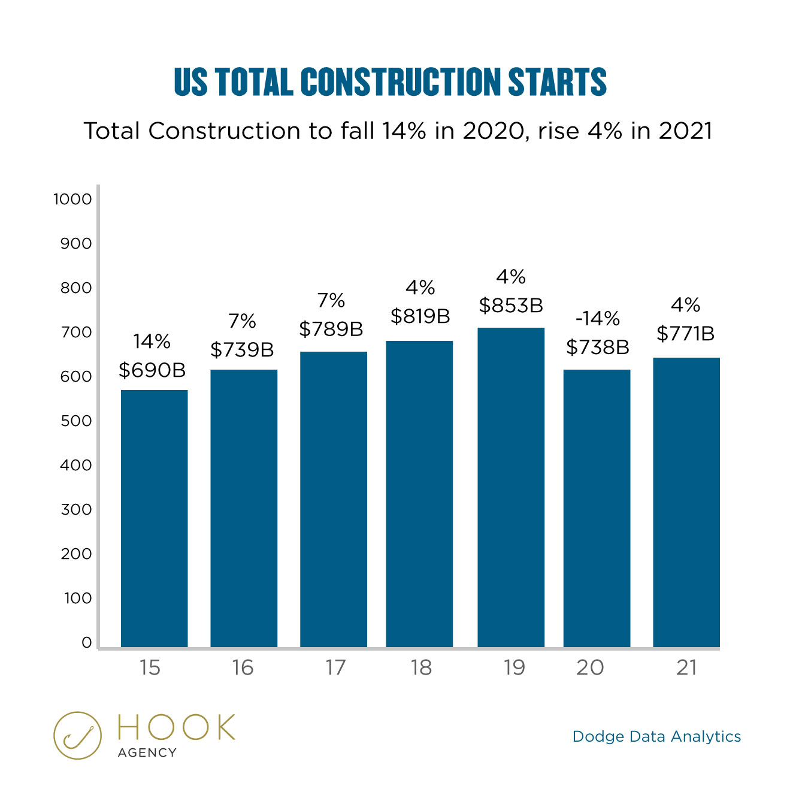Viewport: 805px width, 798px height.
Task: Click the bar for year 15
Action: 154,518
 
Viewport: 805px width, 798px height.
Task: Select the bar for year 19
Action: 511,487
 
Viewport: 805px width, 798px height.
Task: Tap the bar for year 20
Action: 597,508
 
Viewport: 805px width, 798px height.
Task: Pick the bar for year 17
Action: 334,499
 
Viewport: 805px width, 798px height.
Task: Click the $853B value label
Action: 511,306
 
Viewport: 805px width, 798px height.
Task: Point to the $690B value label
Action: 152,370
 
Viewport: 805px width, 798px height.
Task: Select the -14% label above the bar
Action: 597,319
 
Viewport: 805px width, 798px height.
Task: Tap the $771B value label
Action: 686,334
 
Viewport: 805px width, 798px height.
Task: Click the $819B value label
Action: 420,316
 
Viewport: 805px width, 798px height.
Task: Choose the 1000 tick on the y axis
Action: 72,199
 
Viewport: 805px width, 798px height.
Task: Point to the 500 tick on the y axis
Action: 76,421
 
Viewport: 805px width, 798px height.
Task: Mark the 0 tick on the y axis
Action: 86,643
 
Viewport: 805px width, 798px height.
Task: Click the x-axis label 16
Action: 243,667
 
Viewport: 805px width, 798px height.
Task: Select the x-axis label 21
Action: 686,667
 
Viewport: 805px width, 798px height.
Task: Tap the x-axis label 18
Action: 421,667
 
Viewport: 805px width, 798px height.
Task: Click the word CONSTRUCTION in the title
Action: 401,82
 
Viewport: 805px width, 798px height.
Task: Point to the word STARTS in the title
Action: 558,82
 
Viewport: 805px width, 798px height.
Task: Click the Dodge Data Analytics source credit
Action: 656,736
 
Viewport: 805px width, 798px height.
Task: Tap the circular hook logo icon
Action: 77,736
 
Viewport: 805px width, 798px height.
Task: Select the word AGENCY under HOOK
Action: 147,752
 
